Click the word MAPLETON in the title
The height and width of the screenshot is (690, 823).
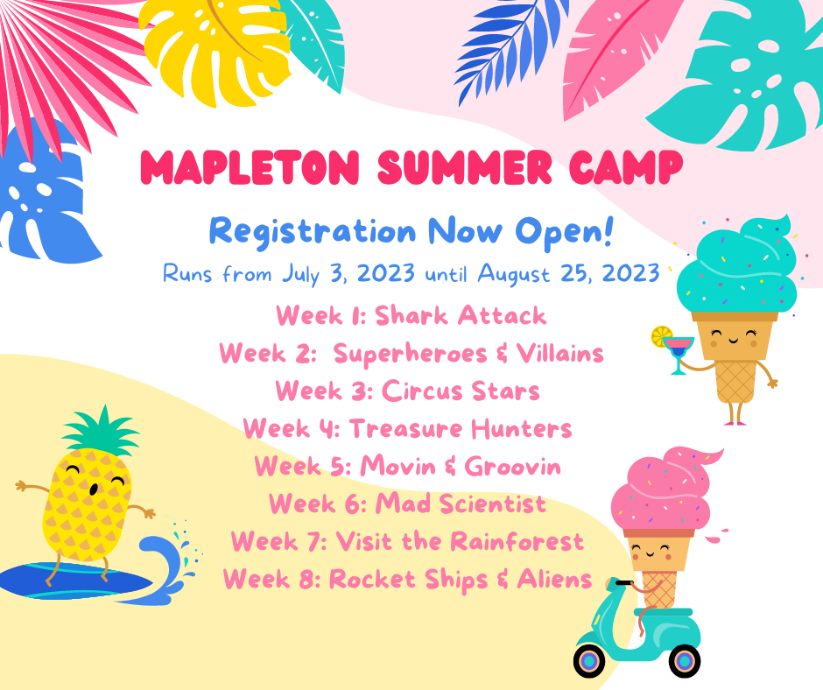(250, 167)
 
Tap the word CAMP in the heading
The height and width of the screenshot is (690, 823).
(626, 167)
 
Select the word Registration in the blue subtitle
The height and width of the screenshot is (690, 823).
(313, 231)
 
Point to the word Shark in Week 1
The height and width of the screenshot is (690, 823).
(411, 315)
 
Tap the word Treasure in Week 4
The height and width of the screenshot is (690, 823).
(405, 429)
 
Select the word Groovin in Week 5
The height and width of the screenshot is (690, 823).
(513, 467)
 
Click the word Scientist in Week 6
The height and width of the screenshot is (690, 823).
(493, 504)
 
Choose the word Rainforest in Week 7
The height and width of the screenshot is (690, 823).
(517, 541)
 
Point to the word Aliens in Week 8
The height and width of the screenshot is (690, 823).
(554, 579)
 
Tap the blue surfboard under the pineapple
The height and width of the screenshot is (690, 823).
(74, 581)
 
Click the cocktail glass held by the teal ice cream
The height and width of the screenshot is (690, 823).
(679, 353)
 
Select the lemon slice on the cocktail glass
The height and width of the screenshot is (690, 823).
(662, 336)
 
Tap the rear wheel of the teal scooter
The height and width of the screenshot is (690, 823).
(685, 661)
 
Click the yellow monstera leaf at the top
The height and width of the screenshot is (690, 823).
(216, 50)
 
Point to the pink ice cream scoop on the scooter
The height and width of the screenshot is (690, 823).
(663, 489)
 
